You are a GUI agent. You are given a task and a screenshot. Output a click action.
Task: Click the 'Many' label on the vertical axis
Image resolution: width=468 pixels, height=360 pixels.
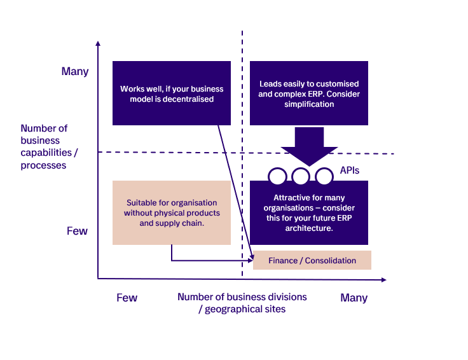(75, 71)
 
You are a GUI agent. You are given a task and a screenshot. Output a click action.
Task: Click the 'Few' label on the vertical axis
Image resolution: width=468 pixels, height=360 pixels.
(77, 231)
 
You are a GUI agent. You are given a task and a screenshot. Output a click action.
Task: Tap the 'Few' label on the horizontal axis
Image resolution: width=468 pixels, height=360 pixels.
(127, 298)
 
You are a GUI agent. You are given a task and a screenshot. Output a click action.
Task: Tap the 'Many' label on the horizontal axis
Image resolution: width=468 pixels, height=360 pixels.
(354, 298)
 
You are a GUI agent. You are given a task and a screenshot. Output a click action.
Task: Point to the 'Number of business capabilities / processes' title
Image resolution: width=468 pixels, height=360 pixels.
(44, 146)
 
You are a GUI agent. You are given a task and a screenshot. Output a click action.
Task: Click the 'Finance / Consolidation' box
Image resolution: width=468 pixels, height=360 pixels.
(312, 260)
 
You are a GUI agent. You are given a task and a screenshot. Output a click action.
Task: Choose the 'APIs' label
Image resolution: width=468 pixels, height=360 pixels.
(350, 170)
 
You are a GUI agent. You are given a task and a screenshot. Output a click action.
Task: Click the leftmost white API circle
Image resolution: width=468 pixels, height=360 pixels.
(277, 176)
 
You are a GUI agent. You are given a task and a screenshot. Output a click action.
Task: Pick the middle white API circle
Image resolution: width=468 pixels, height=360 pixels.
(301, 176)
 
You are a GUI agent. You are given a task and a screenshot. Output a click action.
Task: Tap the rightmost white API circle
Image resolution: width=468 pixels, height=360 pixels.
(324, 176)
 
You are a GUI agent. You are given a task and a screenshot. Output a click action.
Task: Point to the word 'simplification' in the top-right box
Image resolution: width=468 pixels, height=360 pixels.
(308, 104)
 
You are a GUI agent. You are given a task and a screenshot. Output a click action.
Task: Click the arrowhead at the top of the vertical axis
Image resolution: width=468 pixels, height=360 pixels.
(98, 44)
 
